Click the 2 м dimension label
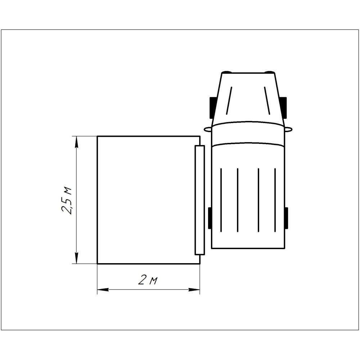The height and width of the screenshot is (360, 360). click(x=148, y=280)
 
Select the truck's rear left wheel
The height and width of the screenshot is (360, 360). click(x=210, y=218)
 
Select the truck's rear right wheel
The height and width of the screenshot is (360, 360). click(x=286, y=218)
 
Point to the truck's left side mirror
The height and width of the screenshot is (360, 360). click(x=208, y=129)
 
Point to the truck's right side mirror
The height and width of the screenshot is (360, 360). click(x=288, y=129)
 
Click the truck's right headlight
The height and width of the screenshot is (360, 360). click(x=269, y=72)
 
